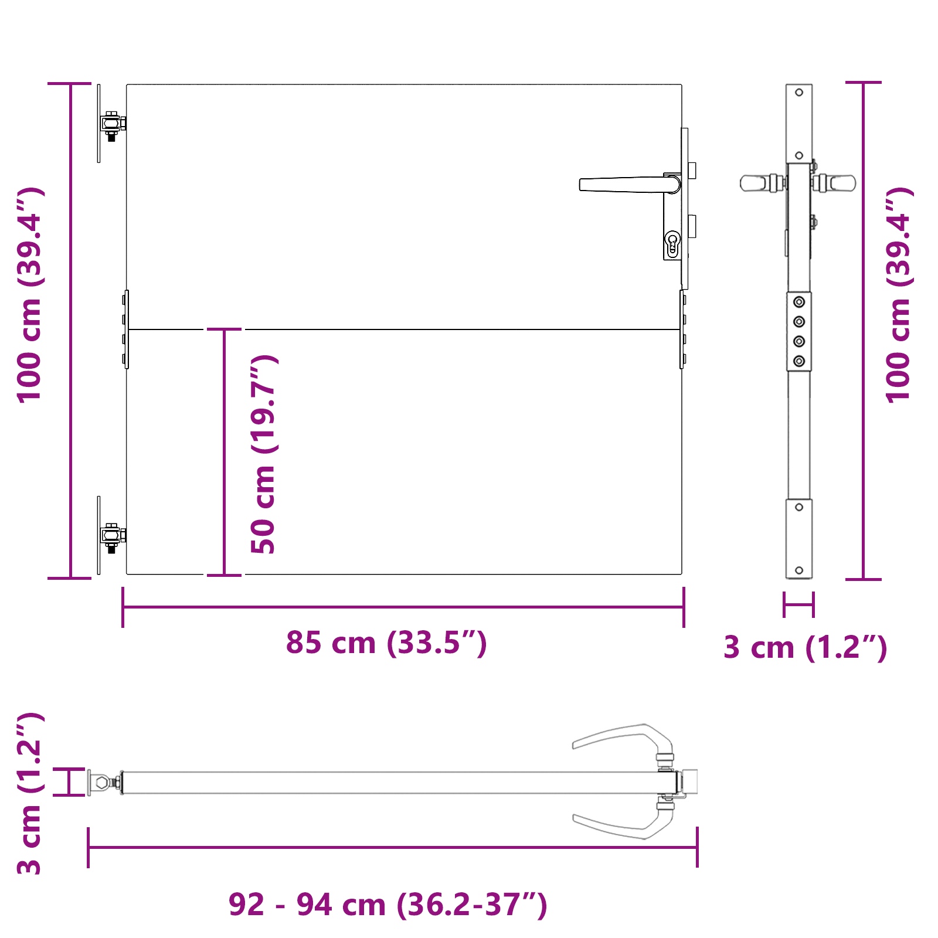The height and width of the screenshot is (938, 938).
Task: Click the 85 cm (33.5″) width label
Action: [x=386, y=643]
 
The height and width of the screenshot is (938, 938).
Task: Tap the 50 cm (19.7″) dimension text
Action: [x=263, y=454]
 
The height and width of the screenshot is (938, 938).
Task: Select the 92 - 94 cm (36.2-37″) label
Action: [x=388, y=905]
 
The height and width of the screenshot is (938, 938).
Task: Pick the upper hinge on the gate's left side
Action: [x=111, y=125]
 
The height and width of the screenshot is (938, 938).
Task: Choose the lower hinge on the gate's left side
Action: [x=111, y=536]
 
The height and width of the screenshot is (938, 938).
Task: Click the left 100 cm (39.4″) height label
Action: [x=30, y=295]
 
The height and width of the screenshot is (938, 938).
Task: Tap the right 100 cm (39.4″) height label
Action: [x=899, y=295]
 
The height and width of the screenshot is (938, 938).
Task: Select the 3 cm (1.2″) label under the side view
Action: [x=806, y=647]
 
